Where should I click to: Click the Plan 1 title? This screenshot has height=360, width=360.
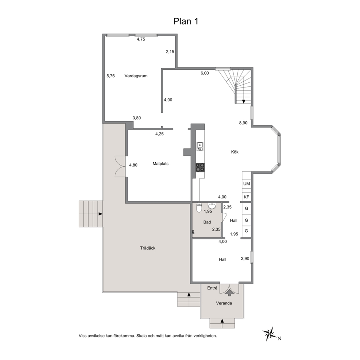(185, 21)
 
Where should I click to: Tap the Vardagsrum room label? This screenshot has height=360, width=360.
(136, 76)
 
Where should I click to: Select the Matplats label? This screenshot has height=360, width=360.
(160, 164)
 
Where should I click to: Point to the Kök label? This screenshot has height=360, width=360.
(235, 152)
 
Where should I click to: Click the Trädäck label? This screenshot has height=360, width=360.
(148, 248)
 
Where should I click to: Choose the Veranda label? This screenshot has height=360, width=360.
(224, 303)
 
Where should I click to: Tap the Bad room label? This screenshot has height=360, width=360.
(207, 222)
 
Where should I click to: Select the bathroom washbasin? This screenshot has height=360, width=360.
(212, 205)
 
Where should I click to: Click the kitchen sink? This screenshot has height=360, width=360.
(200, 147)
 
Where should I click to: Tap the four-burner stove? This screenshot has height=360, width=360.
(200, 167)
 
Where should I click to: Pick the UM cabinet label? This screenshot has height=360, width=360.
(246, 184)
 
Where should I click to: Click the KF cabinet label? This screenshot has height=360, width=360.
(246, 197)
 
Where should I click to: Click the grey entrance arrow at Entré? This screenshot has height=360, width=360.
(229, 292)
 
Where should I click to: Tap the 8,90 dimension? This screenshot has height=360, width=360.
(243, 123)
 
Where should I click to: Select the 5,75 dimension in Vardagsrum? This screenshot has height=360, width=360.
(110, 76)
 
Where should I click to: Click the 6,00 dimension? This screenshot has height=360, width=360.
(205, 73)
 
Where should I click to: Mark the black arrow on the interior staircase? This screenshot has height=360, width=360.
(244, 102)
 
